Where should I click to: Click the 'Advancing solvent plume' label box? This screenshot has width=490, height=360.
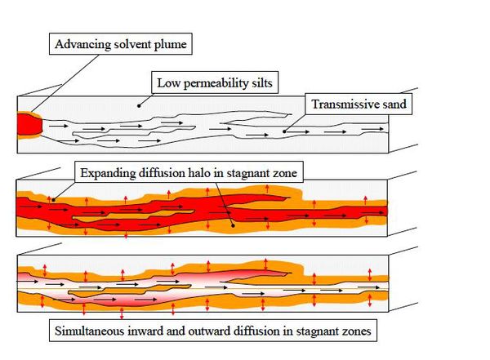[122, 44]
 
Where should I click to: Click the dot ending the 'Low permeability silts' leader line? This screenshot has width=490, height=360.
[140, 104]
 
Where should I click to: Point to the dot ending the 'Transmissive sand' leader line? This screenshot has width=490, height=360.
[284, 128]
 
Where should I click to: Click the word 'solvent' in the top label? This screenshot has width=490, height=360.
[131, 44]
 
